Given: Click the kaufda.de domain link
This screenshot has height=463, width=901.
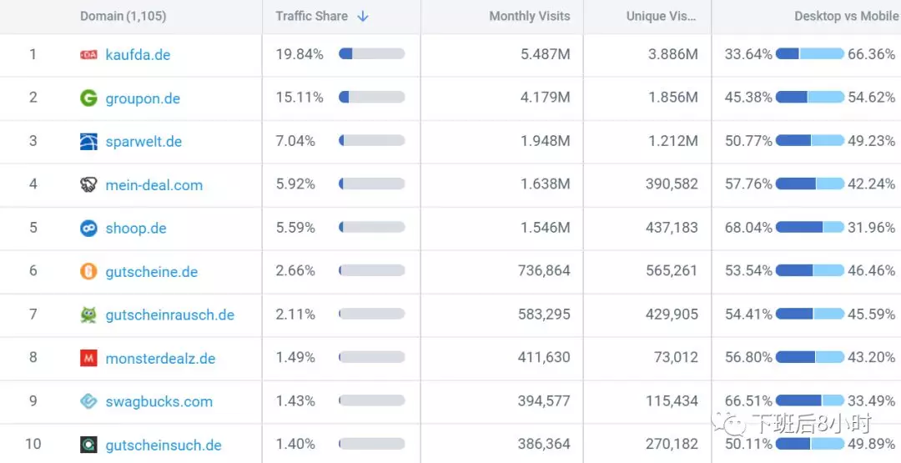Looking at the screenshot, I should (x=138, y=55).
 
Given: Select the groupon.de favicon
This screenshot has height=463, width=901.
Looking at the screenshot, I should (x=88, y=98).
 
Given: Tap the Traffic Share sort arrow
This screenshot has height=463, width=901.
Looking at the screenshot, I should (x=363, y=17).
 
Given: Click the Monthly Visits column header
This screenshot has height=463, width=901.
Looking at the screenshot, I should (x=529, y=17).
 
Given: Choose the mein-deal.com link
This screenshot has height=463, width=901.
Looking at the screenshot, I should (x=154, y=185).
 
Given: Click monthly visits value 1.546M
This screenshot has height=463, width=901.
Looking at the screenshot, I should (x=545, y=228).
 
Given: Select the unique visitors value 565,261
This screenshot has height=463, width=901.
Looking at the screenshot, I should (x=672, y=271).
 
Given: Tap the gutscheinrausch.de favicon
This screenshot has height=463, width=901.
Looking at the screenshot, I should (x=88, y=315).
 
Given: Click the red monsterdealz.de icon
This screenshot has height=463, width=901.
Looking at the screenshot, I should (x=88, y=359).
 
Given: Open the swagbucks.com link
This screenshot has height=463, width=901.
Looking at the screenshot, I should (x=159, y=402).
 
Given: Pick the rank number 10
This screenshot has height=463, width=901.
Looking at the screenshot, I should (x=33, y=445).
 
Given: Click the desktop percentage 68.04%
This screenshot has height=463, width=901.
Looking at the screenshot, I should (x=748, y=228).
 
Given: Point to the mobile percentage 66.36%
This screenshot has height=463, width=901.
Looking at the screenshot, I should (x=871, y=55).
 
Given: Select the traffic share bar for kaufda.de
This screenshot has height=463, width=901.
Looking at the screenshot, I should (x=371, y=54).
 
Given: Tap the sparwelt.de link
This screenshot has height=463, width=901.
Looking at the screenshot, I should (x=143, y=142).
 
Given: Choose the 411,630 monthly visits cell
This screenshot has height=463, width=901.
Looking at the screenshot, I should (x=542, y=358).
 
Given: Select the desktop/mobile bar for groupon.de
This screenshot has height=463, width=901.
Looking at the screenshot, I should (x=810, y=98).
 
